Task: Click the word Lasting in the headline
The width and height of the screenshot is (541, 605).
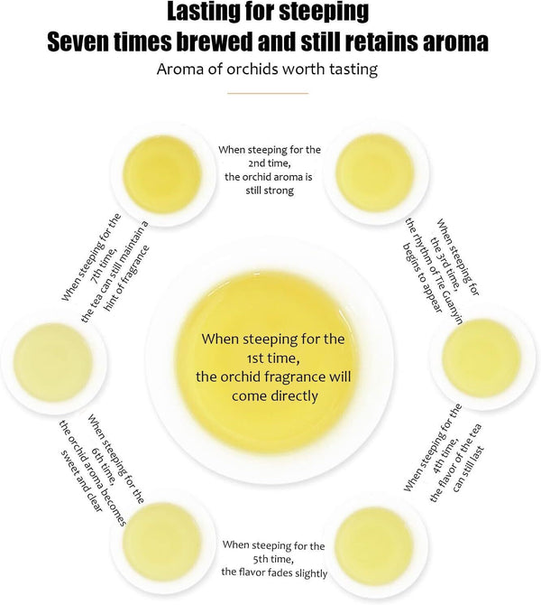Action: pyautogui.click(x=201, y=12)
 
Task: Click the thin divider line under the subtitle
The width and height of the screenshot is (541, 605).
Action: pyautogui.click(x=268, y=93)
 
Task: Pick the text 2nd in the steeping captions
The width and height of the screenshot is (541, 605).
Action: pyautogui.click(x=257, y=163)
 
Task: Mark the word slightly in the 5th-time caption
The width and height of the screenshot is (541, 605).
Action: pyautogui.click(x=311, y=573)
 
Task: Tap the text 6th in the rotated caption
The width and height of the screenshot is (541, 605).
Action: pyautogui.click(x=97, y=453)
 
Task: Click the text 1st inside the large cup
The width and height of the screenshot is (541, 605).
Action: pyautogui.click(x=255, y=358)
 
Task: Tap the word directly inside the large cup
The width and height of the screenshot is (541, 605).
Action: pyautogui.click(x=295, y=396)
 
